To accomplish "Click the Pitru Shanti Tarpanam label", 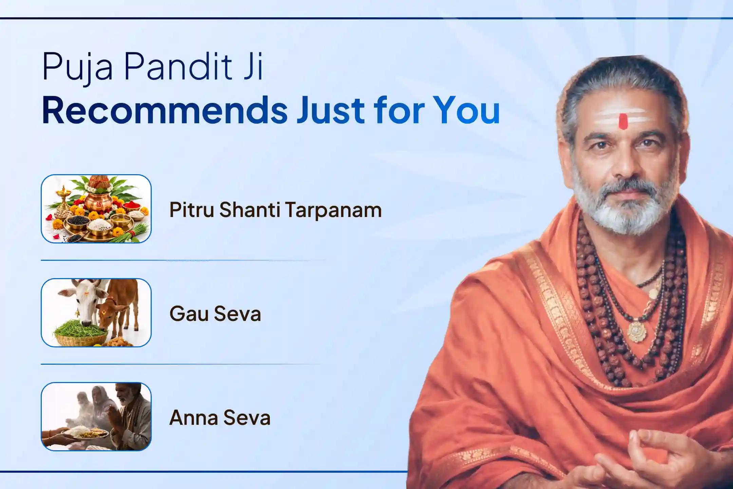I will tap(275, 210).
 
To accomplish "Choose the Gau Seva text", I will tap(215, 313).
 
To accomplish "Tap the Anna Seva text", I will tap(220, 417).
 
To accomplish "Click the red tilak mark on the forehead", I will tap(623, 121).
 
